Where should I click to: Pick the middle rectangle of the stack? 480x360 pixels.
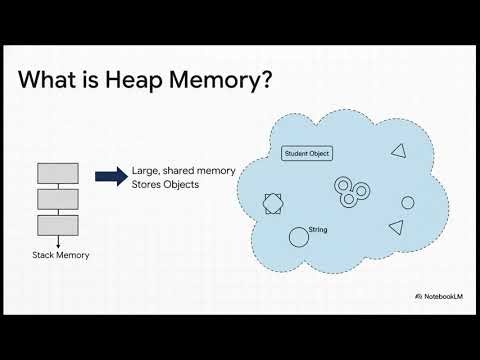[x=58, y=198]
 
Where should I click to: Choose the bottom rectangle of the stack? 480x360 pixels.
[x=58, y=223]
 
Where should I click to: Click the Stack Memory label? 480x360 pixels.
[x=61, y=255]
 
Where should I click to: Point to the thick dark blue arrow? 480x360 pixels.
[x=110, y=177]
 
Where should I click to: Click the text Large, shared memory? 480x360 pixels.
[x=183, y=171]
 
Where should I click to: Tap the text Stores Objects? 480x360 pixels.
[x=165, y=184]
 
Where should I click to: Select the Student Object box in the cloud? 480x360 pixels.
[x=307, y=154]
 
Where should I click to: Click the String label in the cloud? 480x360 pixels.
[x=319, y=230]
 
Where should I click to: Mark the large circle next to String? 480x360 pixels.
[x=298, y=237]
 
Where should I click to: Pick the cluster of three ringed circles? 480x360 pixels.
[x=349, y=192]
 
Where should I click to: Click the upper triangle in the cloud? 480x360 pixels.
[x=398, y=151]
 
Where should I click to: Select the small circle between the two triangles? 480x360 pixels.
[x=408, y=202]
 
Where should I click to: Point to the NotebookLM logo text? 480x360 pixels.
[x=440, y=297]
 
